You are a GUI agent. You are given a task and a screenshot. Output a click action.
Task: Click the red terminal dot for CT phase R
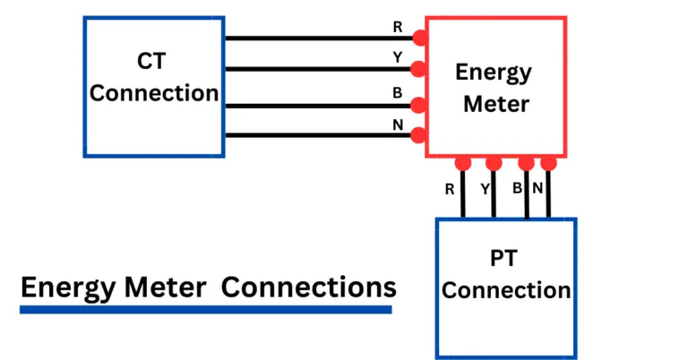tap(418, 38)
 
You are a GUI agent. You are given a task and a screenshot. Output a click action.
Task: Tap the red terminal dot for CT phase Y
tap(418, 69)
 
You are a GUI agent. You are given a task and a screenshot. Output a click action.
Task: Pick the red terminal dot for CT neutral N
tap(418, 135)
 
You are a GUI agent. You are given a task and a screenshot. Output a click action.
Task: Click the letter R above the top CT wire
tap(398, 27)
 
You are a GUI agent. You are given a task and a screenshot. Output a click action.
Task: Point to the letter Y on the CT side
tap(398, 57)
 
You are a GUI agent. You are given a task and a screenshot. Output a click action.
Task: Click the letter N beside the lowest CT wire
tap(398, 124)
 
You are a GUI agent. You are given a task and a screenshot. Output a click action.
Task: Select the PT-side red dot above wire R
tap(462, 163)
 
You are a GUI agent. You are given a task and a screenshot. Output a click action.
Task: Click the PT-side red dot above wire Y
tap(493, 163)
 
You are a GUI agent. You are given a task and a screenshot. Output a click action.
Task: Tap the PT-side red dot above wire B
tap(526, 163)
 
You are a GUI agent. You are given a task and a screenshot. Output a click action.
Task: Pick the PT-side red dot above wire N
tap(548, 163)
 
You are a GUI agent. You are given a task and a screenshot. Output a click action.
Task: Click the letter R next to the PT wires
tap(450, 189)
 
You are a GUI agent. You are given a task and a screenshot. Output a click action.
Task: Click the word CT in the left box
tap(154, 62)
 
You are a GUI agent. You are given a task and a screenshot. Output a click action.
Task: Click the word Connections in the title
tap(308, 288)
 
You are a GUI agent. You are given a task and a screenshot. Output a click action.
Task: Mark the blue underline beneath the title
tap(206, 310)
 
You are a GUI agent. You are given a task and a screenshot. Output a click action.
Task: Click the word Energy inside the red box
tap(494, 73)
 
